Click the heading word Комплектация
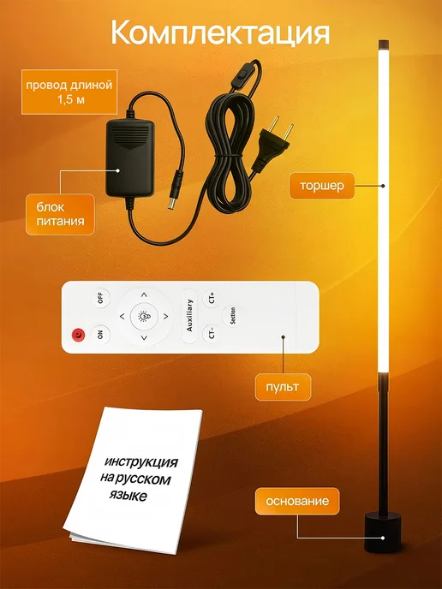point(220,33)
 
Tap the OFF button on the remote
point(101,298)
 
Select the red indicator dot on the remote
point(78,335)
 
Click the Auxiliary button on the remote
point(189,316)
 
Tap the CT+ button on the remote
point(212,299)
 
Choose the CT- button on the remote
point(212,333)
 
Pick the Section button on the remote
point(232,316)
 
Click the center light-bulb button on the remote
point(144,317)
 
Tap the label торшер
point(322,186)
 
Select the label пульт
point(283,387)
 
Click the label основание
point(297,501)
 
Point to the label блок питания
point(60,214)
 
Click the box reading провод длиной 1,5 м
point(69,92)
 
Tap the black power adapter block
point(130,158)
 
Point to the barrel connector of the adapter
point(175,190)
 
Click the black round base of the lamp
point(383,533)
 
